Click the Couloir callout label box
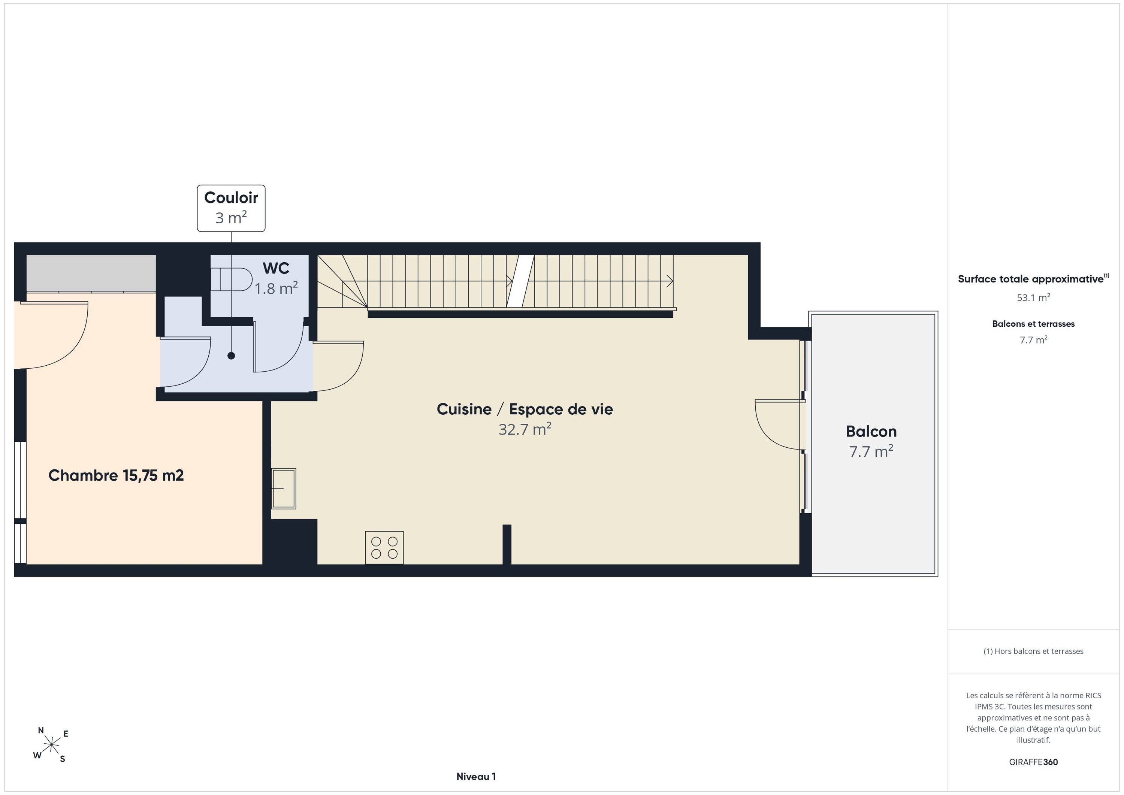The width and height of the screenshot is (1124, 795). click(x=231, y=208)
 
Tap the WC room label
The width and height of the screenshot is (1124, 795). click(x=276, y=268)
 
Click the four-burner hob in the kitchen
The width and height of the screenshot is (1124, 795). click(x=384, y=548)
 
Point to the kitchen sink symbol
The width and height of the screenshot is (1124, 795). click(x=284, y=489)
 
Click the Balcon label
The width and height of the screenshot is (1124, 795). click(x=871, y=431)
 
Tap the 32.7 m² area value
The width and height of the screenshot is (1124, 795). click(x=525, y=429)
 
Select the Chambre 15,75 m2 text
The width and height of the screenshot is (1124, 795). click(x=116, y=475)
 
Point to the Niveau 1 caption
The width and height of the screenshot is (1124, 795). click(x=476, y=776)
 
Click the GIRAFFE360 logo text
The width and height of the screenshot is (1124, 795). click(x=1033, y=762)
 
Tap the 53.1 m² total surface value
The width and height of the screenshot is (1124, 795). click(x=1033, y=297)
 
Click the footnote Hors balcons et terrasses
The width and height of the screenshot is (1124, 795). click(x=1033, y=651)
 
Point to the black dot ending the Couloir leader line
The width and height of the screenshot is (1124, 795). click(x=231, y=356)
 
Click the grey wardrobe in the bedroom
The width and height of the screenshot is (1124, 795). click(x=91, y=273)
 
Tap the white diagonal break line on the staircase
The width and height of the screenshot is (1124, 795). click(x=520, y=281)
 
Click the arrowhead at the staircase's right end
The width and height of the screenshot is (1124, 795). click(x=670, y=281)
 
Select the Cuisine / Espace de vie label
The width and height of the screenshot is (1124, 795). click(x=525, y=409)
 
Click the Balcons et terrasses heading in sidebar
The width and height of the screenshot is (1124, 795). click(x=1033, y=324)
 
